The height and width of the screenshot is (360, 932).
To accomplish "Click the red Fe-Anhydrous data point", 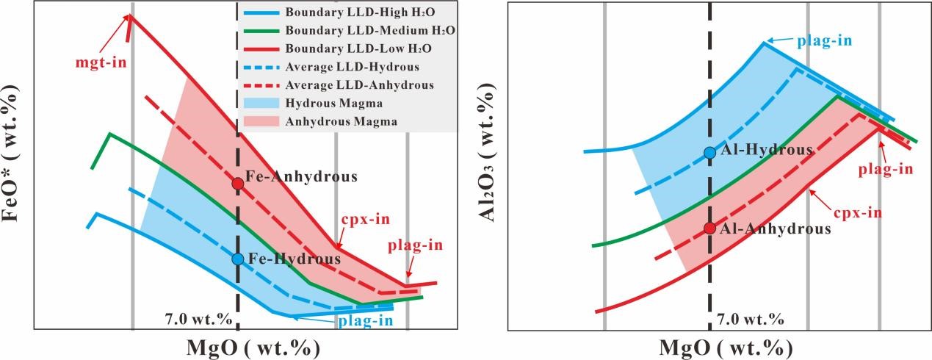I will (237, 183).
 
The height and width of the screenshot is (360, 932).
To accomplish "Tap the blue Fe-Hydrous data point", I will (237, 259).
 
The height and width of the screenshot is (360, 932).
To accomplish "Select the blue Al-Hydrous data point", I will (709, 153).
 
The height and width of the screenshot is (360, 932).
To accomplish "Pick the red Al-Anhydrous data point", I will (709, 228).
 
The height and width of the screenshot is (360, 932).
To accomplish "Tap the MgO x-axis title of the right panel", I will (727, 347).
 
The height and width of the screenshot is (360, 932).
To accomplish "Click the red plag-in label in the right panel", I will (886, 169).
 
